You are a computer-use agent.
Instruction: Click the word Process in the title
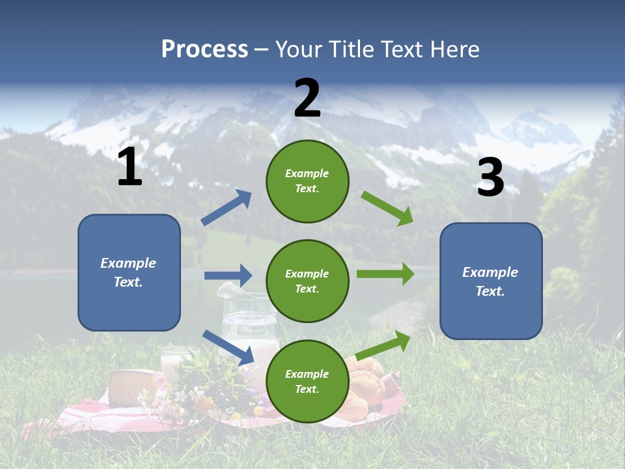point(204,50)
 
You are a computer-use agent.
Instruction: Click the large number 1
point(130,167)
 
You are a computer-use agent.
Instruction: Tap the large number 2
point(307,98)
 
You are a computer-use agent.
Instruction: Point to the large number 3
point(491,178)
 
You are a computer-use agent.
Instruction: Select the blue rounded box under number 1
point(129,272)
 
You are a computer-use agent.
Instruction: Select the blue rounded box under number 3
point(491,281)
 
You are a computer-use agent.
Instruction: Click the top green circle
point(307,181)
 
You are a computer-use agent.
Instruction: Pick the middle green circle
point(307,281)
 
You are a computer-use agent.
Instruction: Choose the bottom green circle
point(307,381)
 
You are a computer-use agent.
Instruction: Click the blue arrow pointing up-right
point(227,208)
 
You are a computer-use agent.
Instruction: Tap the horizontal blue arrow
point(228,276)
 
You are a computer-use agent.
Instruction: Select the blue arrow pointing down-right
point(228,347)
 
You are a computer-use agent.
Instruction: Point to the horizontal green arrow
point(385,274)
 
